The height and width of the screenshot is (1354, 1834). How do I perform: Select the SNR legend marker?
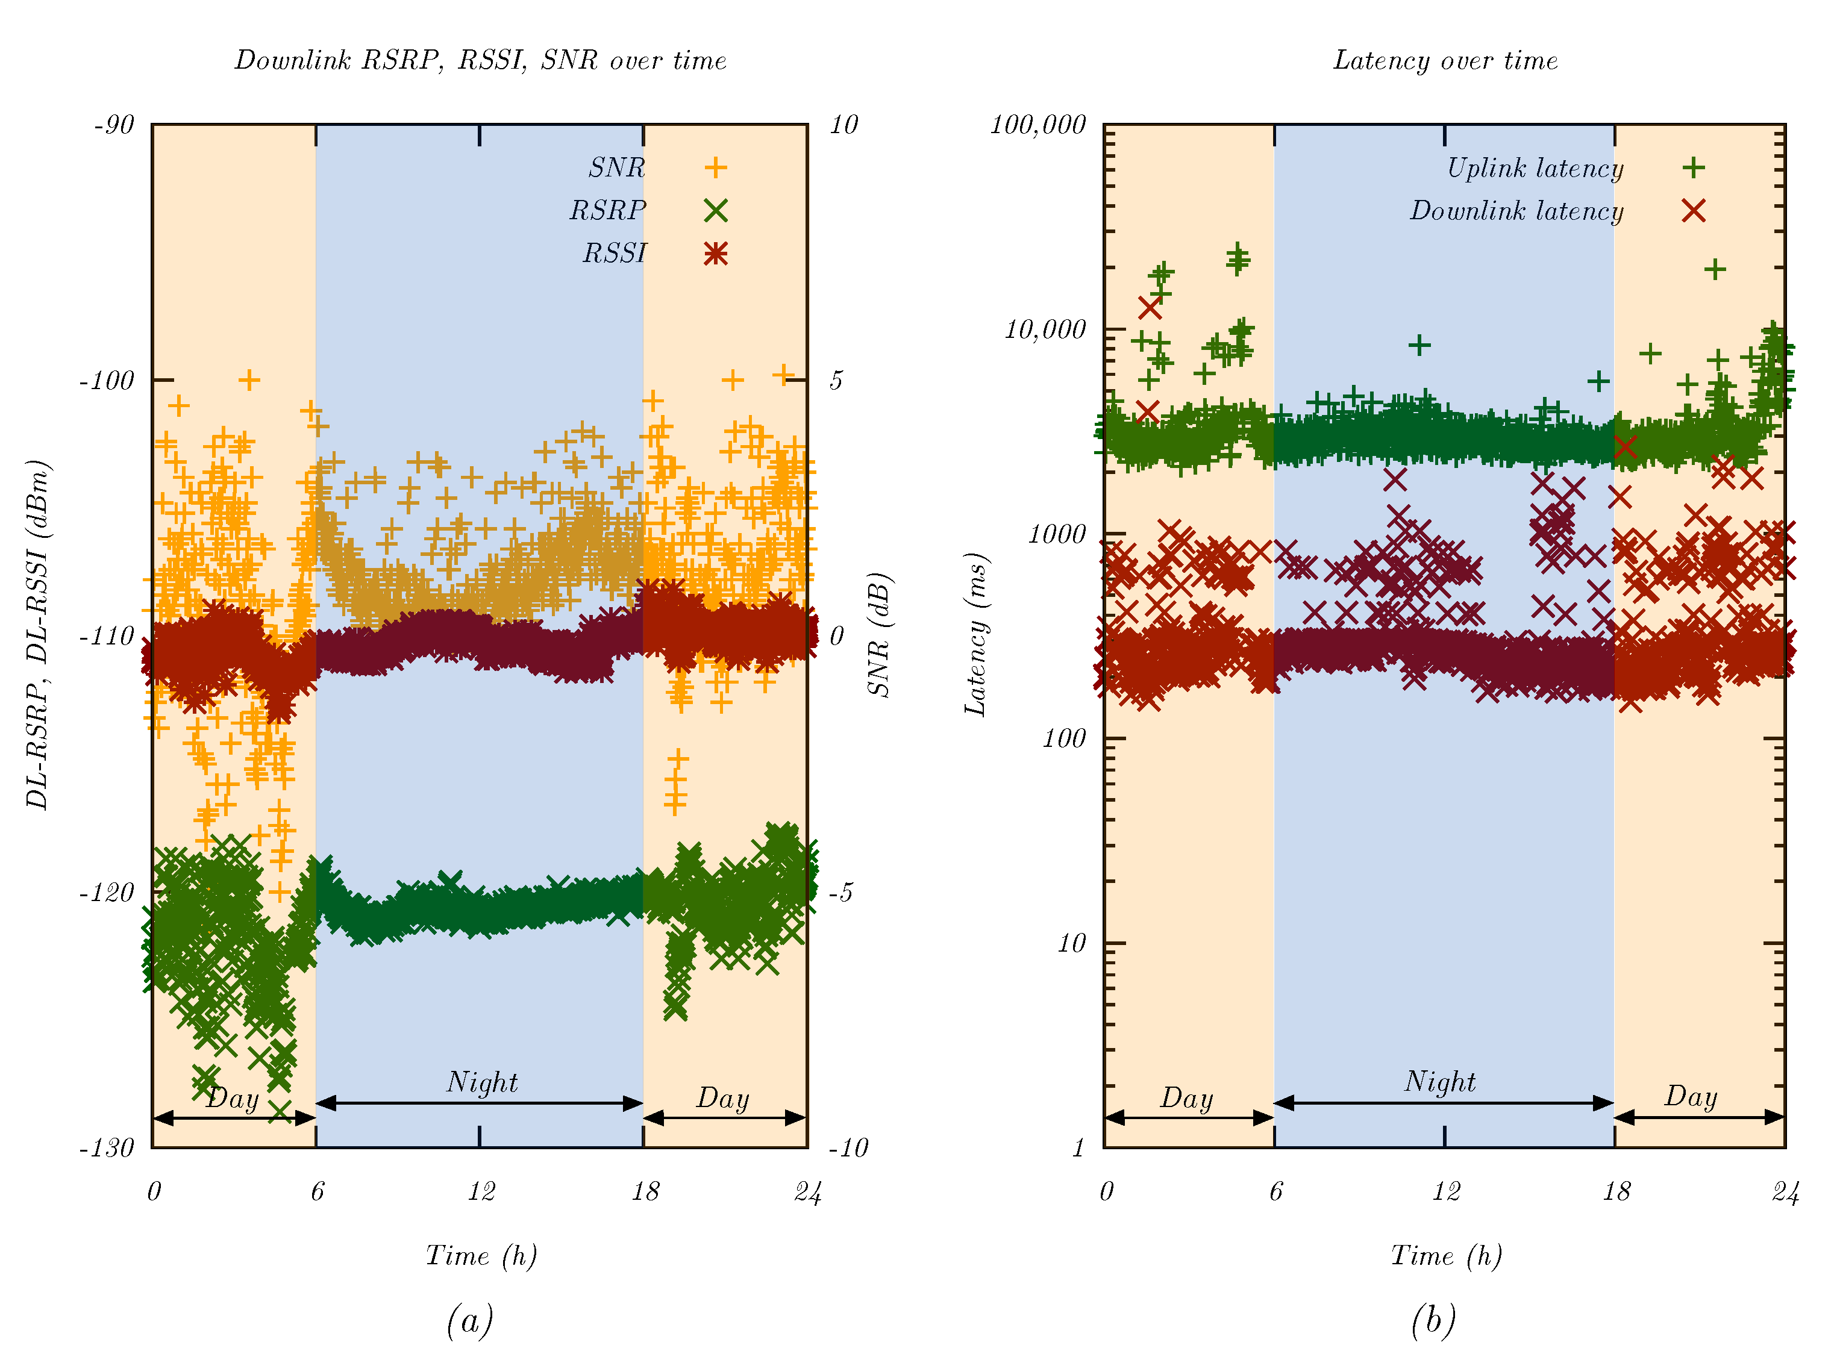pyautogui.click(x=716, y=168)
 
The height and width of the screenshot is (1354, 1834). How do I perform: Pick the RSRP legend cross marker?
pyautogui.click(x=716, y=211)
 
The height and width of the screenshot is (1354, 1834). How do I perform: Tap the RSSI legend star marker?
pyautogui.click(x=716, y=254)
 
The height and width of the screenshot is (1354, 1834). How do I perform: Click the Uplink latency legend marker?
pyautogui.click(x=1694, y=168)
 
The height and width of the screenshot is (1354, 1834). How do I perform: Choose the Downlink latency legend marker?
pyautogui.click(x=1694, y=211)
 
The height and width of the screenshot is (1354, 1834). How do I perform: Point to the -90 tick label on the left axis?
pyautogui.click(x=114, y=125)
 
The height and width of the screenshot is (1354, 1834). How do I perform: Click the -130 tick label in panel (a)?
pyautogui.click(x=107, y=1148)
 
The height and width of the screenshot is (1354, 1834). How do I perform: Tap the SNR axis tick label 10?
pyautogui.click(x=843, y=125)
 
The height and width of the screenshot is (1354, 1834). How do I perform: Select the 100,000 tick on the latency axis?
pyautogui.click(x=1038, y=125)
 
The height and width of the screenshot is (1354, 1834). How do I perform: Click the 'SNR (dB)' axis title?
pyautogui.click(x=879, y=635)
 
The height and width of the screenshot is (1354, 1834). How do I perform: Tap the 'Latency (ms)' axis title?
pyautogui.click(x=975, y=635)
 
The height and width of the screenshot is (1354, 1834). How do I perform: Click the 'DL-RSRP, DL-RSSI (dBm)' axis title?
pyautogui.click(x=38, y=635)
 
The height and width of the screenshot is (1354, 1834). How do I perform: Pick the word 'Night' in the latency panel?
pyautogui.click(x=1439, y=1082)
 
